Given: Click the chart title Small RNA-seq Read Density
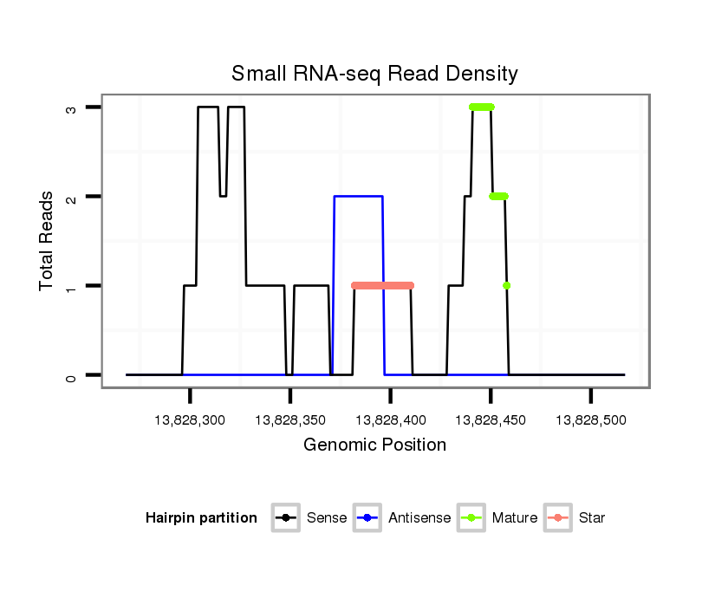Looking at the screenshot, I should tap(374, 74).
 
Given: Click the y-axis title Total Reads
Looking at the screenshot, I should tap(48, 241).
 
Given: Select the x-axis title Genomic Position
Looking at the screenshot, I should tap(375, 445).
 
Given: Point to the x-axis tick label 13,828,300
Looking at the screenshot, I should tap(190, 420).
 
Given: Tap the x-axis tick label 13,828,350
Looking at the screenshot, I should tap(290, 420).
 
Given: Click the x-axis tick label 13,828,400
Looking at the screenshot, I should tap(390, 420).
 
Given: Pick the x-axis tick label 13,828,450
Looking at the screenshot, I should tap(491, 420).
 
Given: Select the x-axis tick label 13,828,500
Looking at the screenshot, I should tap(590, 420).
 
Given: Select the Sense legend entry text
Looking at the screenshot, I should tap(327, 518).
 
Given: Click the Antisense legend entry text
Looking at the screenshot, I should tap(419, 518).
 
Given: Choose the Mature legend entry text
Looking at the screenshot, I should tap(515, 518).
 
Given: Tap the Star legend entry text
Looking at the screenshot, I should tap(592, 518).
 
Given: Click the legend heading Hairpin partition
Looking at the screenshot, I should tap(202, 518).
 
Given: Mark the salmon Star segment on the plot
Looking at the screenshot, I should tap(383, 285).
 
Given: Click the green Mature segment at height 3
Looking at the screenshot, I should tap(482, 107).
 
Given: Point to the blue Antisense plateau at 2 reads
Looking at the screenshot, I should tap(359, 197).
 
